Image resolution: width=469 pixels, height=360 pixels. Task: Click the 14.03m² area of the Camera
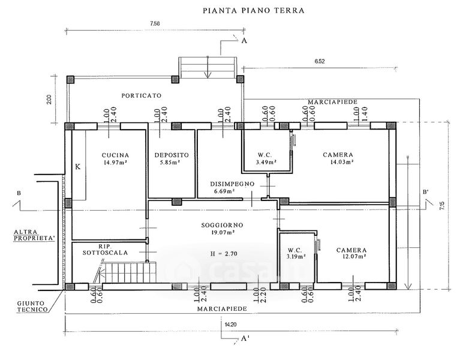338,162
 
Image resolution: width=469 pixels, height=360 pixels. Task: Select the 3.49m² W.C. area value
265,162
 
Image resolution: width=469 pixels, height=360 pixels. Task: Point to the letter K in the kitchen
77,167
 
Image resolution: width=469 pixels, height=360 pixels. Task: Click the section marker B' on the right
425,192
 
